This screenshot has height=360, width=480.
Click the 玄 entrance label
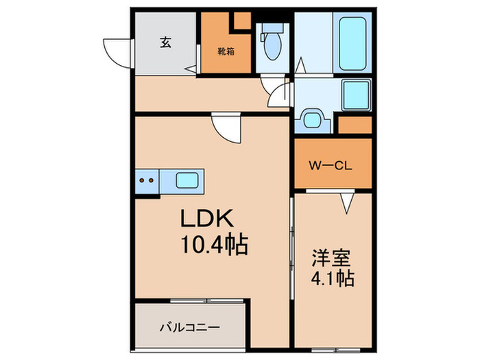166,42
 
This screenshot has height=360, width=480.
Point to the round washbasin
313,119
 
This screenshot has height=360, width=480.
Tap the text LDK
208,219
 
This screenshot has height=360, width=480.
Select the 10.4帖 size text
215,244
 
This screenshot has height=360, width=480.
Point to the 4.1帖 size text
333,279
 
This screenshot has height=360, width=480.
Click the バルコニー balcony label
189,327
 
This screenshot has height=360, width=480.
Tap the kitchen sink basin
189,182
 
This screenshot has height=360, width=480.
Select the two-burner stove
147,182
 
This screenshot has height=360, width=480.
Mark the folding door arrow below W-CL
346,202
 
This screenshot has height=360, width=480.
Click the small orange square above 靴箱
241,20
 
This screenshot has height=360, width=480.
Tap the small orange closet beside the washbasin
355,125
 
